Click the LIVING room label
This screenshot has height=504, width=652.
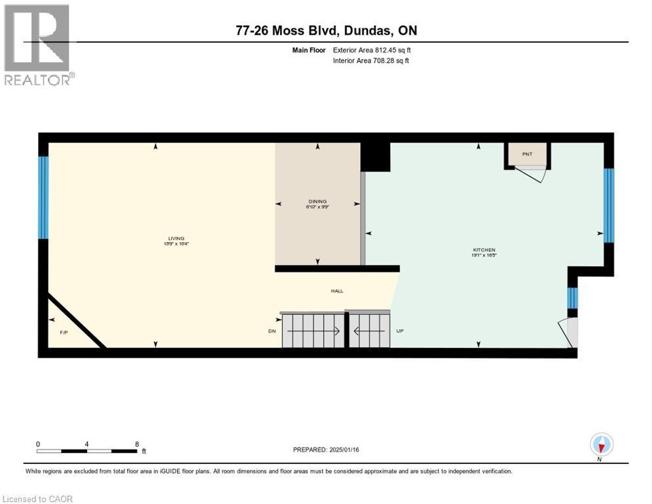175,238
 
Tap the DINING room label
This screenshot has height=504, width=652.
317,201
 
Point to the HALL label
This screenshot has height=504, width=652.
336,291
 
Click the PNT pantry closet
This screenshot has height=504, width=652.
527,155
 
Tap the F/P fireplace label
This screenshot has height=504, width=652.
64,333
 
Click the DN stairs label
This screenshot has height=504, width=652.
272,331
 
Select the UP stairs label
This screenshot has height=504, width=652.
399,331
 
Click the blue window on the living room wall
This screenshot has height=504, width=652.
43,197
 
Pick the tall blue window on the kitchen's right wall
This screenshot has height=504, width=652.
608,205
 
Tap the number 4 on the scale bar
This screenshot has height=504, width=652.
87,444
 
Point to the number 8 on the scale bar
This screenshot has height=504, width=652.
136,444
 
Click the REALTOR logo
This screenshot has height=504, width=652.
38,45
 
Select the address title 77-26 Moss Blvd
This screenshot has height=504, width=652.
326,31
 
